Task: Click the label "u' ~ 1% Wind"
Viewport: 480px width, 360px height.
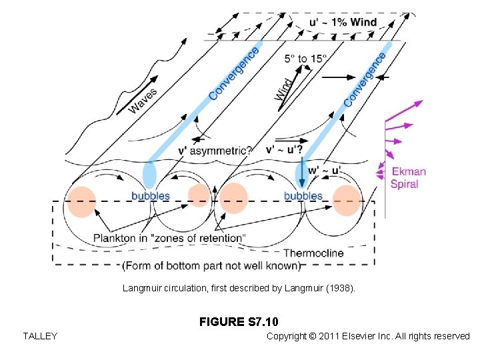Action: tap(343, 22)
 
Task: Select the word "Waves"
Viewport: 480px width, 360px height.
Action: tap(143, 101)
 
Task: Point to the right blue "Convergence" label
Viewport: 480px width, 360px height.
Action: tap(365, 79)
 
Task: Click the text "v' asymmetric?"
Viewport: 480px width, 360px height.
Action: tap(214, 151)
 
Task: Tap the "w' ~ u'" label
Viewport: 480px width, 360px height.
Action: tap(325, 171)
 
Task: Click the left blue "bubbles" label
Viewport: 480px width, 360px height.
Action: tap(150, 196)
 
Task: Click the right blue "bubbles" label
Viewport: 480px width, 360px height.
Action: tap(303, 196)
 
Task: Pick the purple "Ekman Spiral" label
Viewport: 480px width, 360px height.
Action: tap(408, 178)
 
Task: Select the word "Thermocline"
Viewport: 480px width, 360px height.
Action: tap(313, 253)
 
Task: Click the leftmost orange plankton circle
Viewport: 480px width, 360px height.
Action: tap(82, 201)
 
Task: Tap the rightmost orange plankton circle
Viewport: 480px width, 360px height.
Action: tap(347, 201)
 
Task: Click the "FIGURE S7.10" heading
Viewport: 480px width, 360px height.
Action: tap(239, 322)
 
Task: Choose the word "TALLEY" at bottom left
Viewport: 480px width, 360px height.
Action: tap(39, 336)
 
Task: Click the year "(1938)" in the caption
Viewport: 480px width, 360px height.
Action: tap(339, 289)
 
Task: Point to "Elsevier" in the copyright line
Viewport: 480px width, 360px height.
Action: tap(359, 336)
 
